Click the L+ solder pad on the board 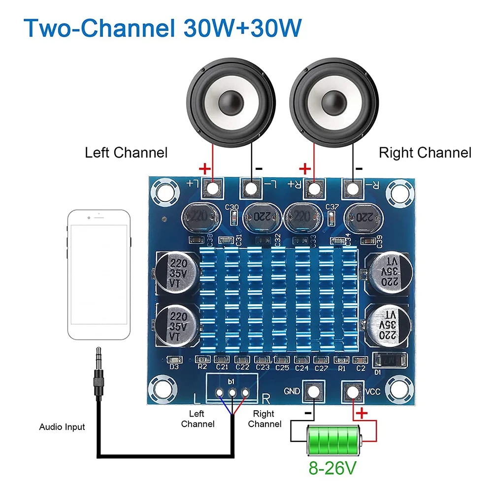click(x=213, y=188)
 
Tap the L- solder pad click(x=251, y=188)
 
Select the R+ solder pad click(x=313, y=188)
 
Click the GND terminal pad click(x=313, y=392)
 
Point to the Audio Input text click(x=62, y=427)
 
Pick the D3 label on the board click(x=173, y=367)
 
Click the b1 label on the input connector click(x=231, y=381)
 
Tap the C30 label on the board click(x=231, y=207)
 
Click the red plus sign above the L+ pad click(x=204, y=170)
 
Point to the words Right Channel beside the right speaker click(x=425, y=153)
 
